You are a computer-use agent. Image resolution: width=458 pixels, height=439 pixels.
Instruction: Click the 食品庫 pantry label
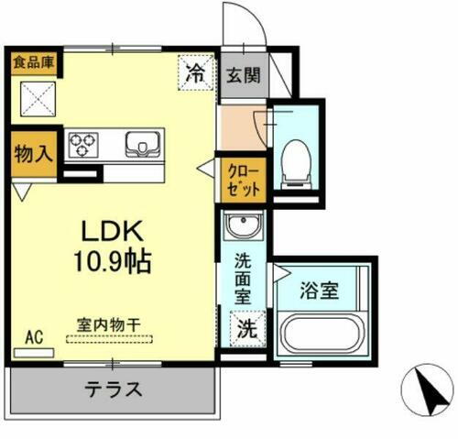pos(33,63)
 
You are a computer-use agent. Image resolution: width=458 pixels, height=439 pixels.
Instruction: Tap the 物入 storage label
pos(32,153)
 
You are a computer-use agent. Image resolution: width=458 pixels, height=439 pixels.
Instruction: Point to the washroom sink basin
pos(245,226)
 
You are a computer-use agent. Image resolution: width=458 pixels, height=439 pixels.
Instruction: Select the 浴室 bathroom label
pos(321,292)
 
